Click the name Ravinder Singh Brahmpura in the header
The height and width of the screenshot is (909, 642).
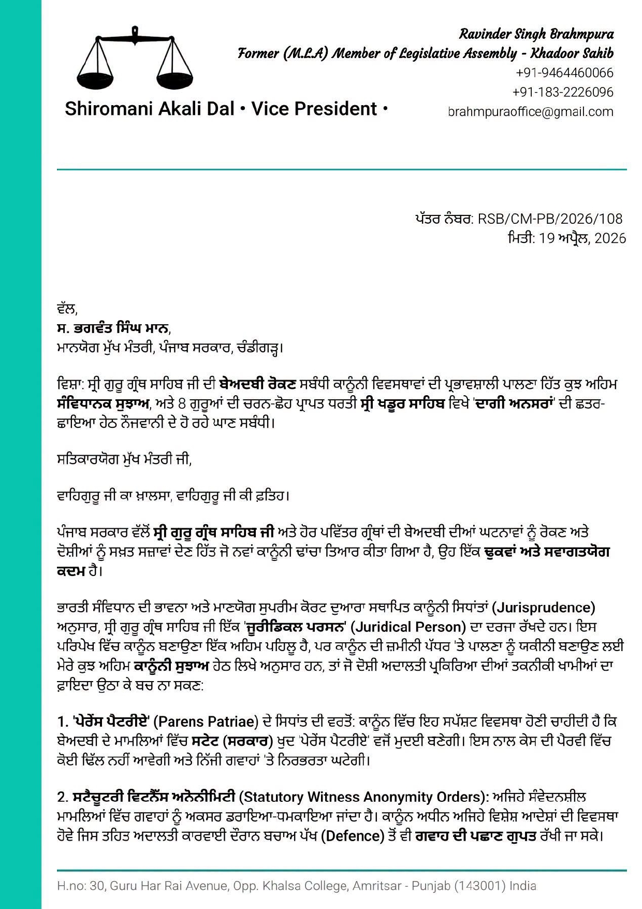coord(536,34)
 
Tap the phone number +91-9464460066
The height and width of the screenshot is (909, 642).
coord(564,73)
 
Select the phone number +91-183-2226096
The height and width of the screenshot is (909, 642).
coord(563,92)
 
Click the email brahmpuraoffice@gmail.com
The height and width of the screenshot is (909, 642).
coord(531,111)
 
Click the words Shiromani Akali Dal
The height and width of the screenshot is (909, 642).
coord(149,109)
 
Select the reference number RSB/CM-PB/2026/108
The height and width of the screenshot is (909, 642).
coord(550,219)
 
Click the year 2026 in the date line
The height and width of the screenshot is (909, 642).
coord(610,238)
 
